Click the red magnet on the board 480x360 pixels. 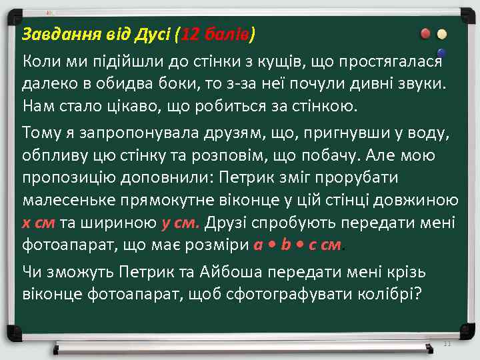pos(425,34)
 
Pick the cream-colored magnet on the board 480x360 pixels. pos(441,34)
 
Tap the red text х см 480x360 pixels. pos(39,223)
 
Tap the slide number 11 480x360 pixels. pos(448,344)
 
